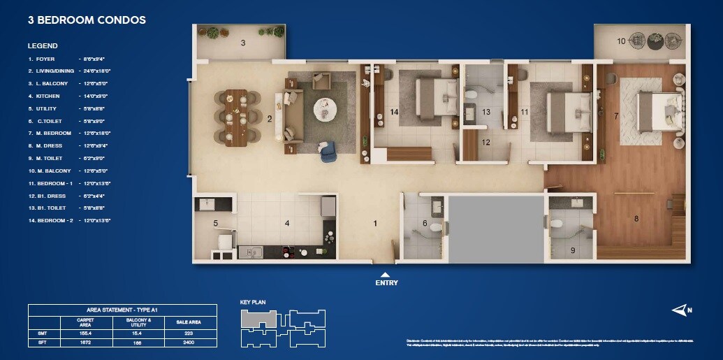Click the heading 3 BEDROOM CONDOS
[x=87, y=20]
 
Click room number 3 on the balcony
[x=243, y=43]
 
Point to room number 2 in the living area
[x=270, y=119]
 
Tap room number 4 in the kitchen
[x=286, y=224]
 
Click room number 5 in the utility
[x=216, y=224]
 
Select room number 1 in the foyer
[x=375, y=224]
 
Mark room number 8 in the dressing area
[x=636, y=219]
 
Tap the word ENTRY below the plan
[x=386, y=282]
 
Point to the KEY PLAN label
[x=253, y=303]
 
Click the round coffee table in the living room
[x=324, y=107]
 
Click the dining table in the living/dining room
[x=236, y=117]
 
